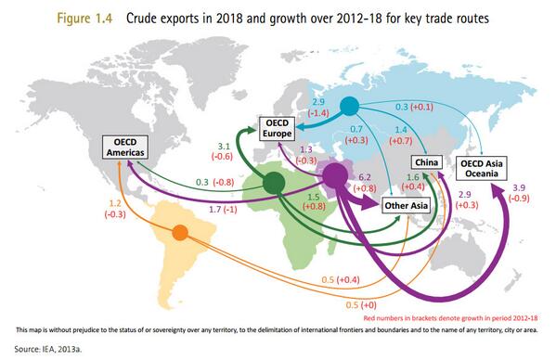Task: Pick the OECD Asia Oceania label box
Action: pos(483,168)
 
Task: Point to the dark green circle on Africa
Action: pos(273,184)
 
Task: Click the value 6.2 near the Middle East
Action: pos(364,175)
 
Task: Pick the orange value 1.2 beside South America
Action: pos(116,202)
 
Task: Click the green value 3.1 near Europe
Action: pos(223,147)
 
